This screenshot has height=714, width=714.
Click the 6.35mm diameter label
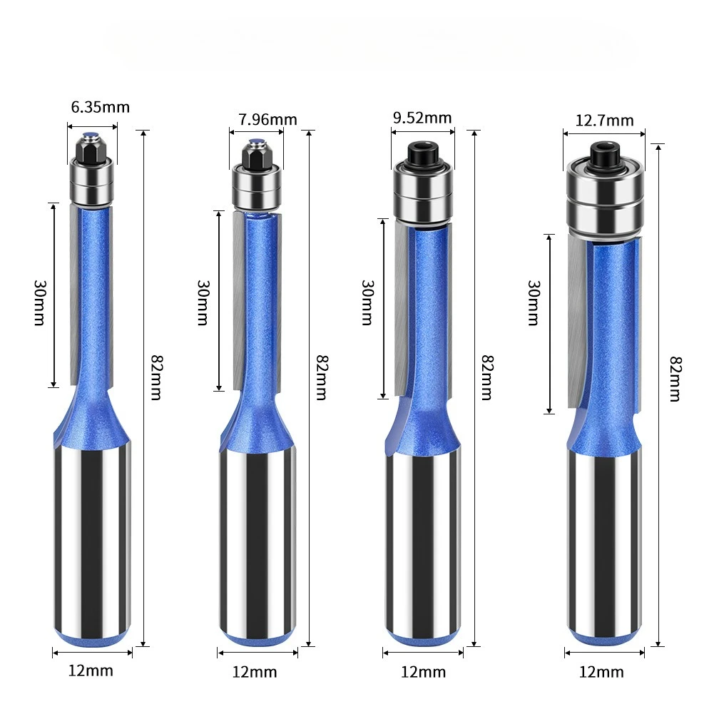[x=100, y=108]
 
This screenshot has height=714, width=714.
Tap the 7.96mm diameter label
[x=267, y=120]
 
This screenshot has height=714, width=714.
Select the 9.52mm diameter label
[x=422, y=118]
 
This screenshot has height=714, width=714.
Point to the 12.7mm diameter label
[x=604, y=121]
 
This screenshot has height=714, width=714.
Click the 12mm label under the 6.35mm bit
[x=91, y=670]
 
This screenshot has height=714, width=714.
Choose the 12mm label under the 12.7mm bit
[x=601, y=672]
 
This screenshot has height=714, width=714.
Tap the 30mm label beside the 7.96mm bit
[x=203, y=302]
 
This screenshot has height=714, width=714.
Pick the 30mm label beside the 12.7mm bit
[x=534, y=303]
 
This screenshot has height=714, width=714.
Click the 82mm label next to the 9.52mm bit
[x=486, y=377]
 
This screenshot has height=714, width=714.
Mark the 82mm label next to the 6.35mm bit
[x=155, y=377]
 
